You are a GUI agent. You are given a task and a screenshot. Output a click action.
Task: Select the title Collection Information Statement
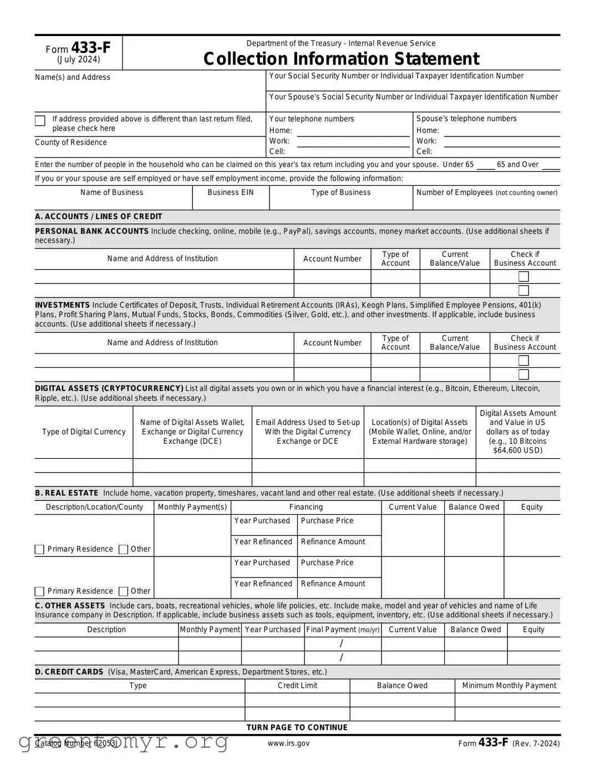(x=341, y=59)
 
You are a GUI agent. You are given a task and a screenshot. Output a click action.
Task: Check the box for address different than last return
(x=40, y=121)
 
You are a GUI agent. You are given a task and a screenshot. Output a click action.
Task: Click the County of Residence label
(x=71, y=143)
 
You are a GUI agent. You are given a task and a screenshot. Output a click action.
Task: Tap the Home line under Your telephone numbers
(x=353, y=131)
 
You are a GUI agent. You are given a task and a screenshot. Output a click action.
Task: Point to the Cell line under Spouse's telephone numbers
(x=502, y=151)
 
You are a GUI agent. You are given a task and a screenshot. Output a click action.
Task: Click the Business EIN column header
(x=231, y=192)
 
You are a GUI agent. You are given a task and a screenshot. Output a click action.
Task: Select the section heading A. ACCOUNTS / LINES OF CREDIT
(x=99, y=216)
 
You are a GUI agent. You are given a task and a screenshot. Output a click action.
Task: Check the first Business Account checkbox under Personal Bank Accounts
(x=523, y=276)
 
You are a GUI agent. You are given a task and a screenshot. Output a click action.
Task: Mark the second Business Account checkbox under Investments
(x=523, y=374)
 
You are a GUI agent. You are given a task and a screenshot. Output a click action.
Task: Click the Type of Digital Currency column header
(x=84, y=432)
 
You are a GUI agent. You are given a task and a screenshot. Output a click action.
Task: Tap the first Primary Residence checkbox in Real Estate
(x=39, y=549)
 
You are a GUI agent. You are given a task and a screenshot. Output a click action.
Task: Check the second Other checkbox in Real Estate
(x=124, y=591)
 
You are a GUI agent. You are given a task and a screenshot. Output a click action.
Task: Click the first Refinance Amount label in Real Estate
(x=333, y=542)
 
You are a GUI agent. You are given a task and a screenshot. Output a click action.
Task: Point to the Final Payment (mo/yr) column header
(x=343, y=630)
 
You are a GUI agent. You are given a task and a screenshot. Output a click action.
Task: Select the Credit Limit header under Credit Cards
(x=297, y=686)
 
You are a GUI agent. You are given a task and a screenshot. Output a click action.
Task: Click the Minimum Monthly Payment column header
(x=509, y=686)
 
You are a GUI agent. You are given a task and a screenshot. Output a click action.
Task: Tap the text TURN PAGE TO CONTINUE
(x=297, y=727)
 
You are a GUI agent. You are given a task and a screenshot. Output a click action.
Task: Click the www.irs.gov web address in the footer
(x=289, y=743)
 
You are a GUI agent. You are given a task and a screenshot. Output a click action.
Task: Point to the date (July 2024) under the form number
(x=78, y=60)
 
